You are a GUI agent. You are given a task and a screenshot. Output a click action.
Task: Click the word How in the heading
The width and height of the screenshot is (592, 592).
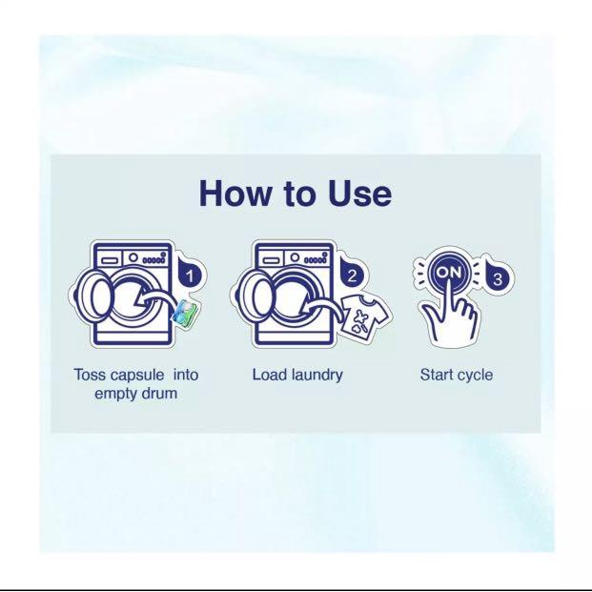pyautogui.click(x=235, y=193)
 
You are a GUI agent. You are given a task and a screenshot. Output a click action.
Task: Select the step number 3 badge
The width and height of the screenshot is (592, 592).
pyautogui.click(x=498, y=278)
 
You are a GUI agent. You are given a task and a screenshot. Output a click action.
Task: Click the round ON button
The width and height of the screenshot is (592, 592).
pyautogui.click(x=449, y=273)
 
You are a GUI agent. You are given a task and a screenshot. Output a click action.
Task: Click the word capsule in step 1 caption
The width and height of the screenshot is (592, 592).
pyautogui.click(x=138, y=376)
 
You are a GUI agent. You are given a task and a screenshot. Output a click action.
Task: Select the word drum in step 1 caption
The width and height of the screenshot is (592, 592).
pyautogui.click(x=159, y=394)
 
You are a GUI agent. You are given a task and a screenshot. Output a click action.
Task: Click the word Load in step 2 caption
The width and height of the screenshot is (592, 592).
pyautogui.click(x=265, y=375)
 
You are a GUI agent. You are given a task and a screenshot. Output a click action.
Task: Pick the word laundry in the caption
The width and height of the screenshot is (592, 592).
pyautogui.click(x=312, y=376)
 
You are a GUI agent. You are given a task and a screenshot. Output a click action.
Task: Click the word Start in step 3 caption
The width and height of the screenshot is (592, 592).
pyautogui.click(x=436, y=375)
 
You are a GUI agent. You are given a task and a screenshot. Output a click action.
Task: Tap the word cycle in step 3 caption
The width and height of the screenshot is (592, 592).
pyautogui.click(x=475, y=376)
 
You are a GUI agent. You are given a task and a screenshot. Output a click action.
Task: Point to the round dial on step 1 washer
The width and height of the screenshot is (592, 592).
pyautogui.click(x=133, y=257)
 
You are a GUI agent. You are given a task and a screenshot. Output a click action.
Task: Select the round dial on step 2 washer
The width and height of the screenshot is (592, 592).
pyautogui.click(x=295, y=257)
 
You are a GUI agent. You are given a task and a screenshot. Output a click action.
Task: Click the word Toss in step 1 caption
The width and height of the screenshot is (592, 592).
pyautogui.click(x=91, y=375)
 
